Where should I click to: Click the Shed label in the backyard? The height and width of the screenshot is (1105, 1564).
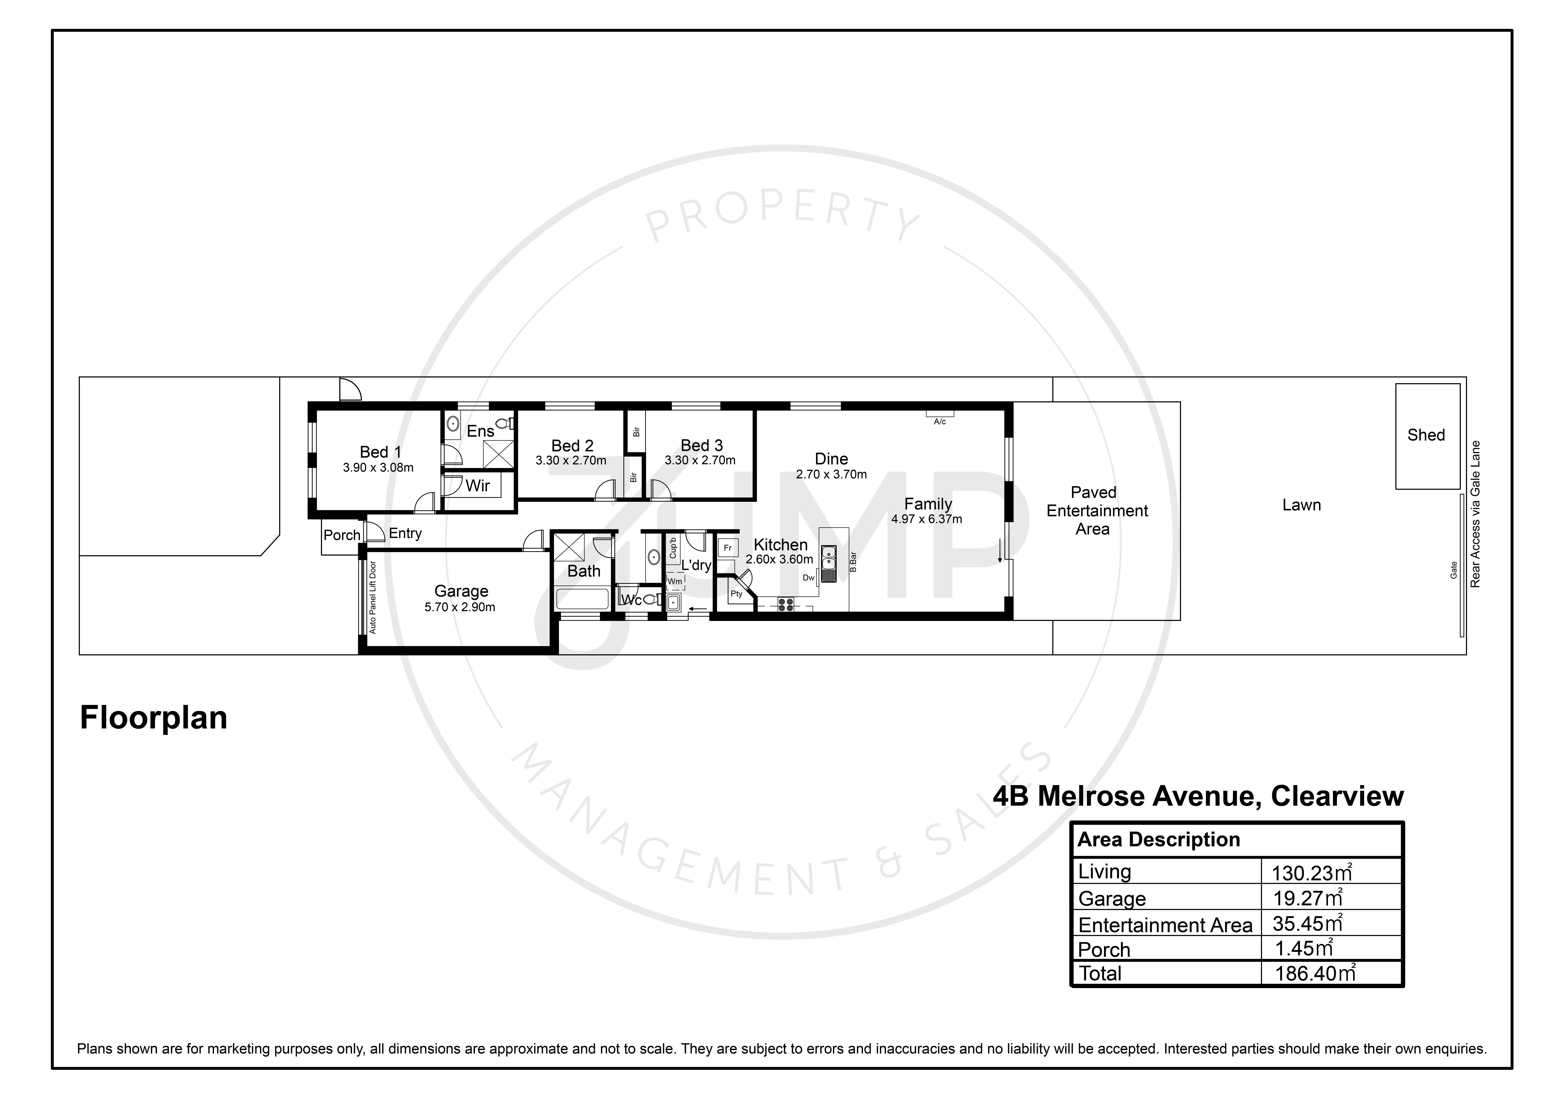[x=1426, y=435]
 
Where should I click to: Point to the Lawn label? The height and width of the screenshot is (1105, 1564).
[x=1301, y=505]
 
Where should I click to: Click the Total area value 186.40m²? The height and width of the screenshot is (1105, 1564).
[x=1315, y=973]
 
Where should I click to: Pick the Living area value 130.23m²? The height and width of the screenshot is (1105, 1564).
[x=1311, y=872]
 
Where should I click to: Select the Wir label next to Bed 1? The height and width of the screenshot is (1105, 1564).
[x=477, y=485]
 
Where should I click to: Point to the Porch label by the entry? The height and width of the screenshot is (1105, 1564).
[x=342, y=535]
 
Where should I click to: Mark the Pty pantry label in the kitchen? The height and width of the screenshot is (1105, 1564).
[x=736, y=594]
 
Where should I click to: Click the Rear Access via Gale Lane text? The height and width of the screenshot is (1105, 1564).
[x=1475, y=514]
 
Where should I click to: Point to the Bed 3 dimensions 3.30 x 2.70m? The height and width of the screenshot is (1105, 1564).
[x=700, y=460]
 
